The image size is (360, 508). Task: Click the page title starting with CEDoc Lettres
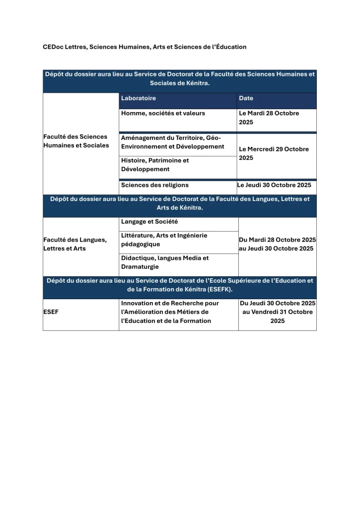tap(144, 47)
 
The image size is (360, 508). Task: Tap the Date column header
tap(246, 98)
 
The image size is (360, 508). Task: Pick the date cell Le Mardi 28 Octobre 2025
tap(269, 118)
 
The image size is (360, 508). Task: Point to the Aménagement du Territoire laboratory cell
tap(173, 142)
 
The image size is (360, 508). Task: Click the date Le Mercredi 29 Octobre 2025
tap(274, 153)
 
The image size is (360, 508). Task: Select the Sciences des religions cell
tap(155, 185)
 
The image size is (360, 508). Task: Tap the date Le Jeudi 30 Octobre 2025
tap(274, 185)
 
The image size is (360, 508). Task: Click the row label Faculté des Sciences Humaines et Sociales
tap(76, 141)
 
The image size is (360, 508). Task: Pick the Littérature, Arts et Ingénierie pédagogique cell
tap(164, 240)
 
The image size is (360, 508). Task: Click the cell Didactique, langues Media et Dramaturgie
tap(165, 262)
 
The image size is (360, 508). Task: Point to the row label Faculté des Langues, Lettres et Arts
tap(75, 244)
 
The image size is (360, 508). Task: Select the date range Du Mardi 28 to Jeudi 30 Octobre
tap(277, 244)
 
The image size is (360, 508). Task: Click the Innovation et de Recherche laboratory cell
tap(170, 312)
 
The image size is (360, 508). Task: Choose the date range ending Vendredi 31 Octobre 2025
tap(277, 312)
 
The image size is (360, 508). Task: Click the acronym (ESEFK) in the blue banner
tap(214, 289)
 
